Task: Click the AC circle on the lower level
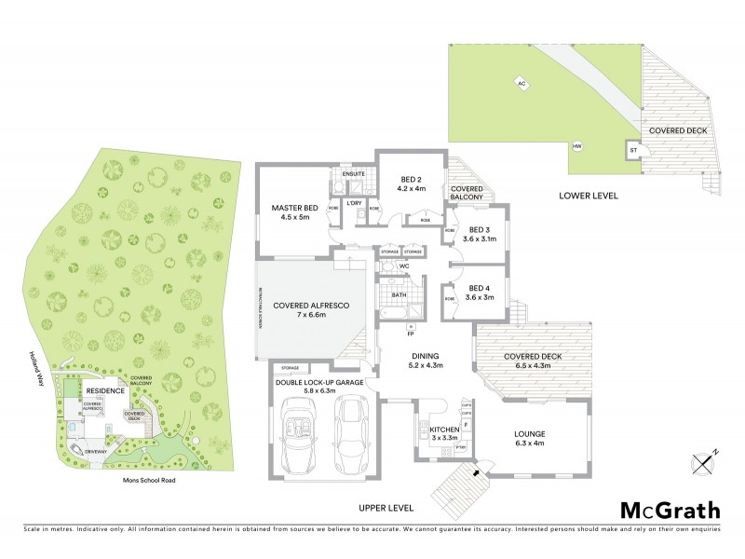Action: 522,82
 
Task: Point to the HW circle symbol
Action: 576,147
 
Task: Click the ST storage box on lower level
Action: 632,149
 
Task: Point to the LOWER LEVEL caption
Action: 589,197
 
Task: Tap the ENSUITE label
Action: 353,174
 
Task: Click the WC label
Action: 404,266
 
